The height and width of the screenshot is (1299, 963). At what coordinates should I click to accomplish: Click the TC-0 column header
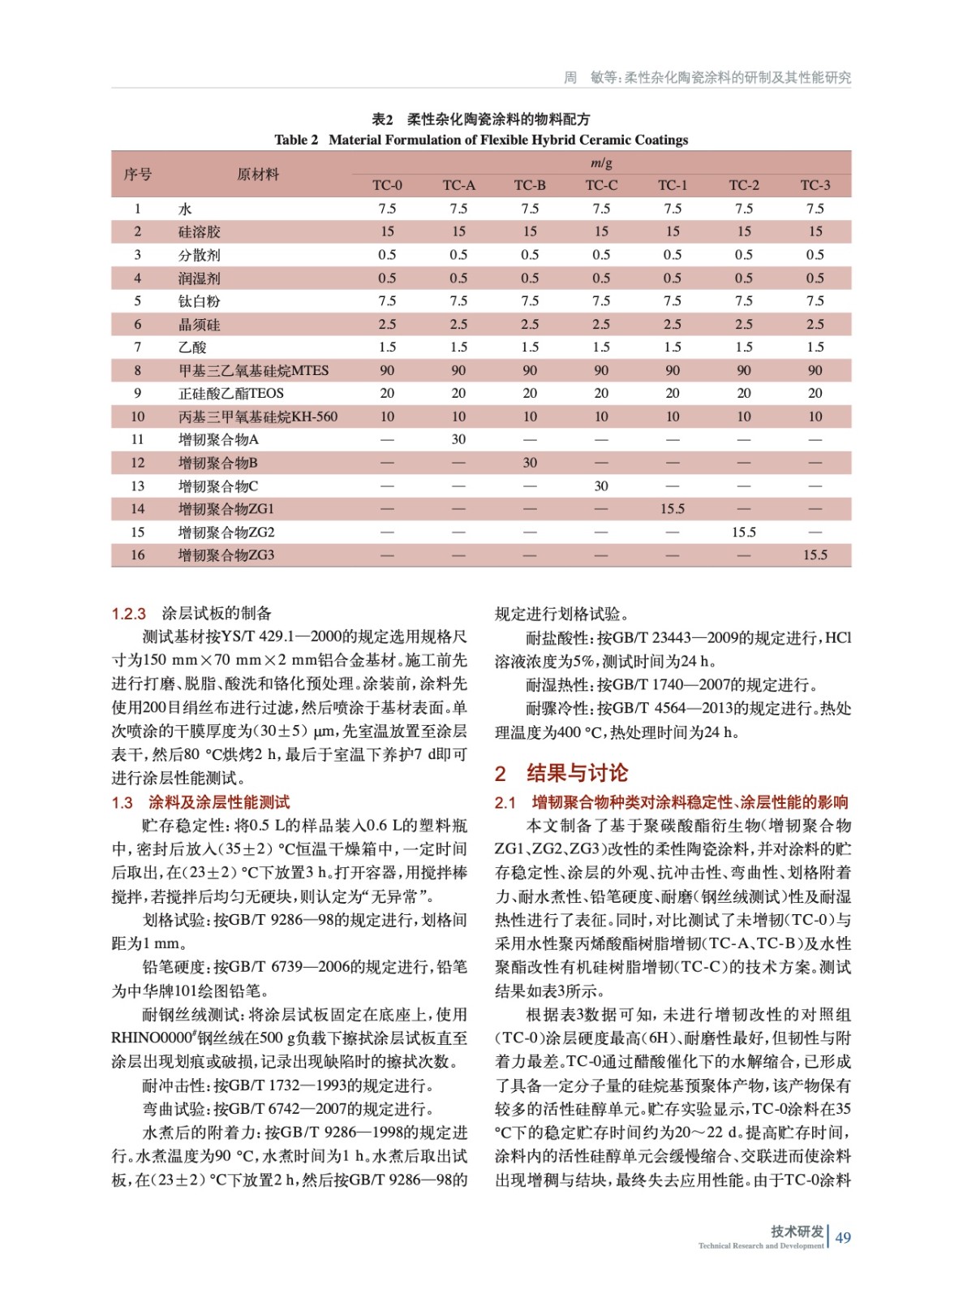387,185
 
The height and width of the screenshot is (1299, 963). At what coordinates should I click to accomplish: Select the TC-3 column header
815,185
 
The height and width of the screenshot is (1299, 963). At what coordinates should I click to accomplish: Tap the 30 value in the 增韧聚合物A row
458,439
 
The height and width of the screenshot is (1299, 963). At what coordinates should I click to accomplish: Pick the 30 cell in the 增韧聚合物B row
530,463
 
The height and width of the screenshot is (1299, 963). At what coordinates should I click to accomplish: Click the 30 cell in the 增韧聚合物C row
601,486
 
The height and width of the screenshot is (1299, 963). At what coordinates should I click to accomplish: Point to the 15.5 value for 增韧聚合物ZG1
673,509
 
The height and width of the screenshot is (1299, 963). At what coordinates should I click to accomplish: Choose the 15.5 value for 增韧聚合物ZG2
743,532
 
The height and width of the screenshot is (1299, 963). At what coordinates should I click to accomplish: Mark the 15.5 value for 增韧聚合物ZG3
815,555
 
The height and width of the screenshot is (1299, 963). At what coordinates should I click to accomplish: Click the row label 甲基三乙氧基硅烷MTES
253,370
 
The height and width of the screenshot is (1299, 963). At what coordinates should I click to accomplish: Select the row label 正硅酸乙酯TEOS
231,393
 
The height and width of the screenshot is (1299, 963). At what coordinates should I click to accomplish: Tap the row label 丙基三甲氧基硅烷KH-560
258,416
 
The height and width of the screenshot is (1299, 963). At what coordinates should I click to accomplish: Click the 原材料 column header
258,174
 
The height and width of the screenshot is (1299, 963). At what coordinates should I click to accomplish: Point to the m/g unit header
601,163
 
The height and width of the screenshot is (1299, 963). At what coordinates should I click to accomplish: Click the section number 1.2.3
129,614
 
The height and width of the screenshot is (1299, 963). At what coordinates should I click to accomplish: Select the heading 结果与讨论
577,772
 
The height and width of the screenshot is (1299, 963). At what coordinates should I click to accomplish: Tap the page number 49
843,1237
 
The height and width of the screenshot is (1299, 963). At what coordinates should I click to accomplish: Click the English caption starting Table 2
481,140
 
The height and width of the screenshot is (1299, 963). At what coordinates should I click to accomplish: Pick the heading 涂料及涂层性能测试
219,802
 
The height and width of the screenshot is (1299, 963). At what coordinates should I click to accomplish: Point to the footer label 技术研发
797,1231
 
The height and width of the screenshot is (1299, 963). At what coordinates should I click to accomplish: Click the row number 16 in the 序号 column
137,555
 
